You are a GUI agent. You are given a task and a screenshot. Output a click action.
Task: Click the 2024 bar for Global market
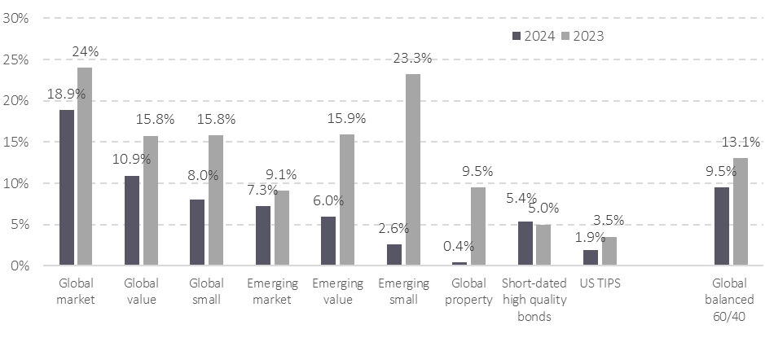(67, 187)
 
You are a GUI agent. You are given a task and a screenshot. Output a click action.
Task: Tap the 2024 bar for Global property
(459, 264)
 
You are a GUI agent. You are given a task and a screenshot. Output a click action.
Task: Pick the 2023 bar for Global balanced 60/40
(740, 212)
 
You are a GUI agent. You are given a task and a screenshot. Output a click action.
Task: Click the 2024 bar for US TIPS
(591, 257)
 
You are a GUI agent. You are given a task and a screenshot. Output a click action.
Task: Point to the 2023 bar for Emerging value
(347, 200)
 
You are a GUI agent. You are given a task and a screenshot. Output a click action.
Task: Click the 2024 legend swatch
(517, 36)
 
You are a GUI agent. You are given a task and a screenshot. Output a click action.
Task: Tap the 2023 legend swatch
(565, 36)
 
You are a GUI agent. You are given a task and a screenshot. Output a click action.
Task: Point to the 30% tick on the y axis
(17, 18)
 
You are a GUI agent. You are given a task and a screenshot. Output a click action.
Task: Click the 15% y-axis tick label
(17, 142)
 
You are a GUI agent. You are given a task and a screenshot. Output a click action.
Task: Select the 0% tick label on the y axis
(20, 266)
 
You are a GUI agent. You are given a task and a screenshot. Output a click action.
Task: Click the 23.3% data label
(414, 57)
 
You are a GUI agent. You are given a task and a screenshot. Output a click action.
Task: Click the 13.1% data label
(741, 140)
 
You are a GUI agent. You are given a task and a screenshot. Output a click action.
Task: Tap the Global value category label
(141, 292)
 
